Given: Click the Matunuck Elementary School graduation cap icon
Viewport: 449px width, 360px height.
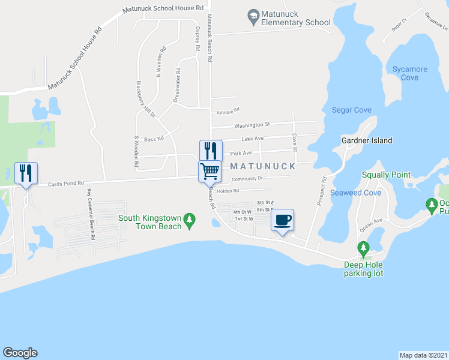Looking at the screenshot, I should [253, 14].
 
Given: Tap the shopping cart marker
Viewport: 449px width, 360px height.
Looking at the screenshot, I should [210, 170].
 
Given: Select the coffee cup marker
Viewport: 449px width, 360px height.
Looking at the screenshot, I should [282, 220].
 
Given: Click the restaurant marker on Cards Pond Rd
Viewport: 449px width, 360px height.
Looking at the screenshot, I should [26, 173].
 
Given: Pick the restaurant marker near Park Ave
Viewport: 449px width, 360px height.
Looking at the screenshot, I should [211, 150].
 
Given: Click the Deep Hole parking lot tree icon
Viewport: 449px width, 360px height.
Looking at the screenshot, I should [363, 248].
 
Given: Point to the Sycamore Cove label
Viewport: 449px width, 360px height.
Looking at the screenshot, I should [410, 73].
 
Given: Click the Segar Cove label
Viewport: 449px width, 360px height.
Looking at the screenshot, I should [352, 110].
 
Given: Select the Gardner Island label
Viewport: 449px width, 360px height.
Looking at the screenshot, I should [366, 140].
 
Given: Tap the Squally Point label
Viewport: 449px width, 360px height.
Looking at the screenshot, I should [386, 175].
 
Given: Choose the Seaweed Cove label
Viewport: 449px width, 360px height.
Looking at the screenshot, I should [355, 193].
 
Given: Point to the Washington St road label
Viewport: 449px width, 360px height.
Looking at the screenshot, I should [252, 125].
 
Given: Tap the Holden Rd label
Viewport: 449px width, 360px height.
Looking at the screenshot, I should [228, 191].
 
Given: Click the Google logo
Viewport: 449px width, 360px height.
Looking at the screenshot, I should [20, 353].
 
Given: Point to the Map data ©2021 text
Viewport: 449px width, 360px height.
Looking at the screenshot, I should [424, 355].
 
